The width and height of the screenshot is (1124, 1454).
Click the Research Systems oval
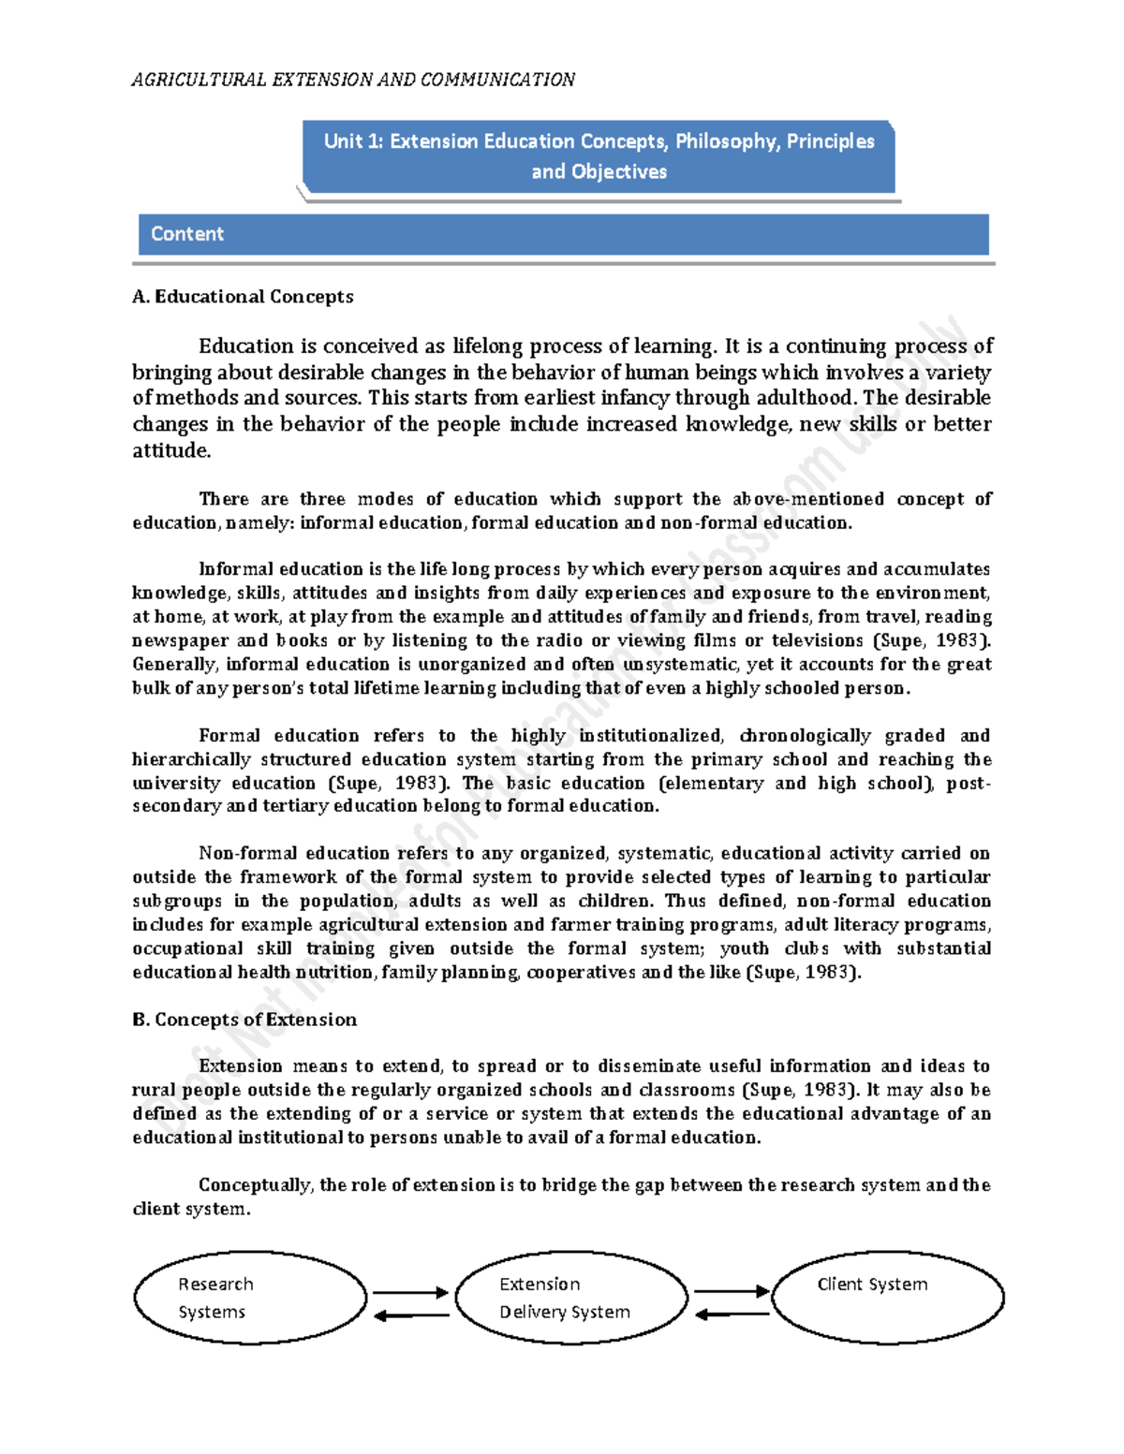pos(250,1298)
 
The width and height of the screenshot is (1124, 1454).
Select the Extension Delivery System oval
pos(571,1298)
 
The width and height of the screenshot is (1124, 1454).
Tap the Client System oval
pos(887,1297)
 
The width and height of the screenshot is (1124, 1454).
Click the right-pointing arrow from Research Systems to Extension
pos(410,1293)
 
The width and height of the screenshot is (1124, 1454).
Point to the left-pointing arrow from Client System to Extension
pos(732,1314)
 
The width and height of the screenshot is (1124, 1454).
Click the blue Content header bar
pos(563,234)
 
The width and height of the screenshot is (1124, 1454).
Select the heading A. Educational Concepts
pos(243,297)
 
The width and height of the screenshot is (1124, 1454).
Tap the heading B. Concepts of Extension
pos(244,1020)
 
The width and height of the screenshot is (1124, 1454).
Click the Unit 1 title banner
pos(599,156)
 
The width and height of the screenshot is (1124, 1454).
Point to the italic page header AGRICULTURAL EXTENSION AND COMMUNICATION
pos(353,80)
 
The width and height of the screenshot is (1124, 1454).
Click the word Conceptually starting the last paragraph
pos(255,1184)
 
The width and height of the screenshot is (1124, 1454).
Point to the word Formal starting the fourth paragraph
pos(229,735)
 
